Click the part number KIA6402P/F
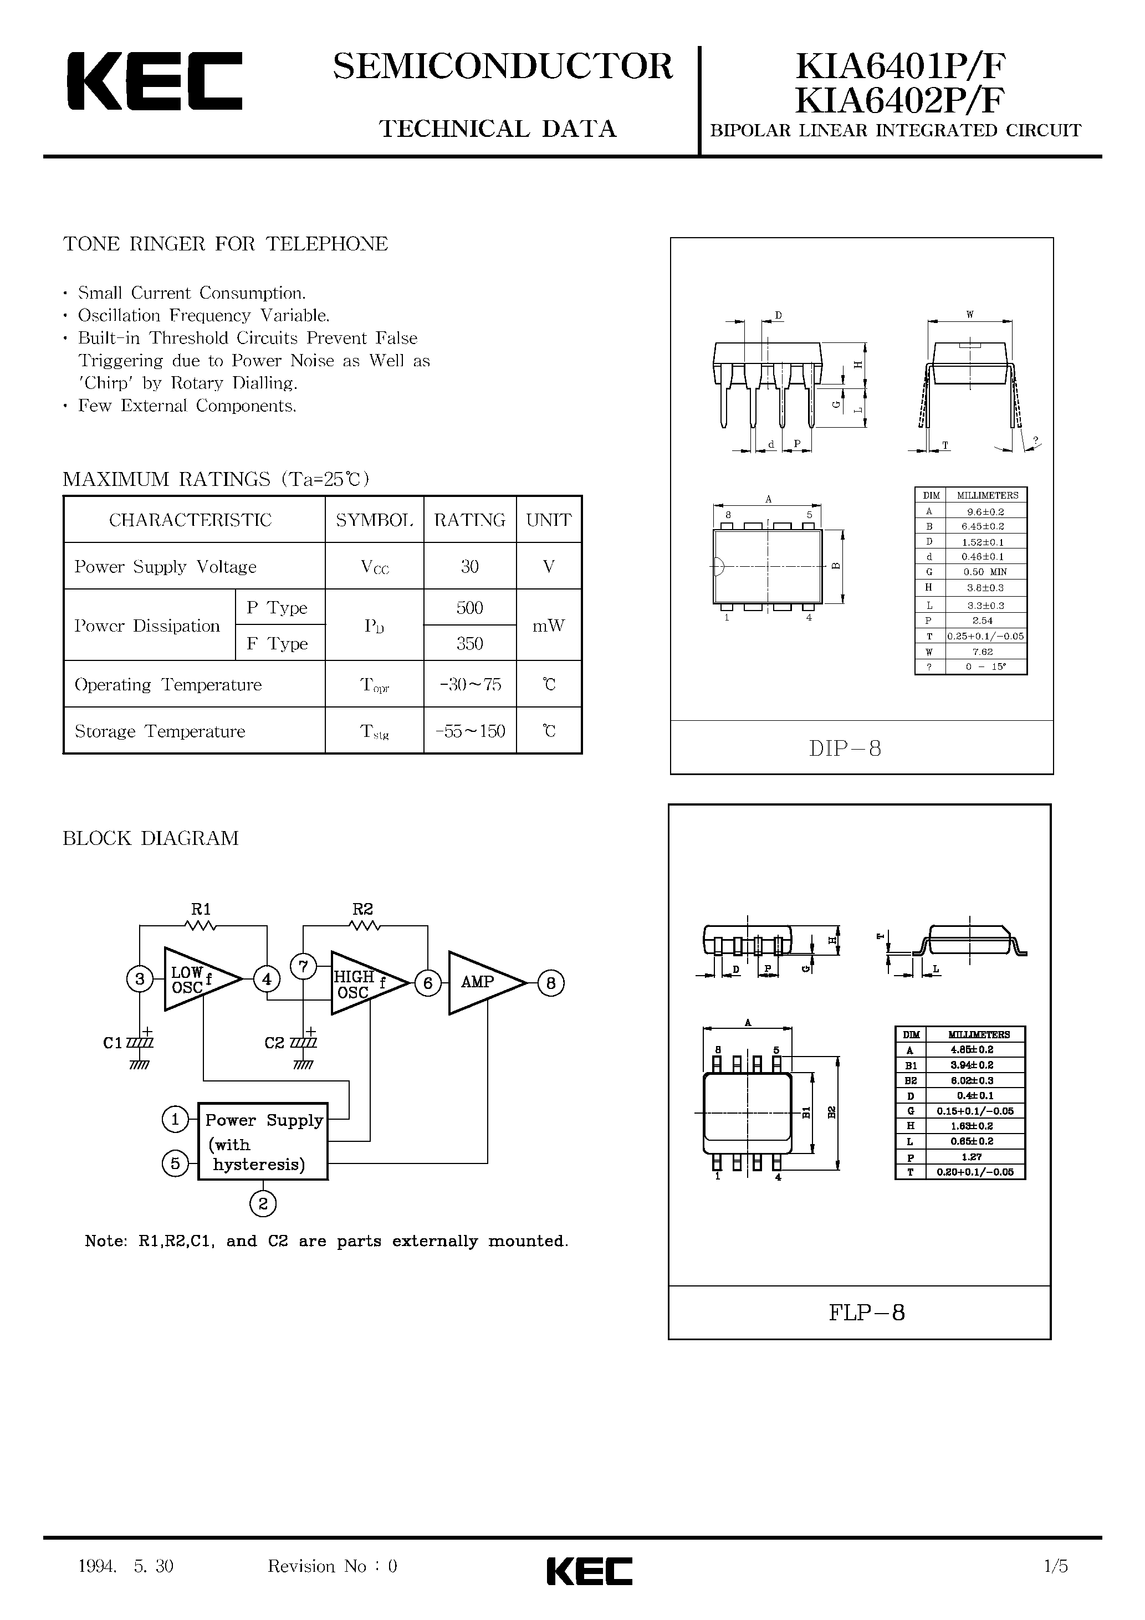pyautogui.click(x=899, y=100)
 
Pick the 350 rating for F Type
pyautogui.click(x=469, y=643)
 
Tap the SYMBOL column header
pyautogui.click(x=374, y=520)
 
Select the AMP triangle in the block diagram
pyautogui.click(x=480, y=982)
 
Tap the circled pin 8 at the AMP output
pyautogui.click(x=551, y=983)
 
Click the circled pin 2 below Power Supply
pyautogui.click(x=263, y=1204)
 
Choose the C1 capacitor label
pyautogui.click(x=113, y=1043)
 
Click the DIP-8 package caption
pyautogui.click(x=845, y=749)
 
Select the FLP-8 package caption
pyautogui.click(x=866, y=1313)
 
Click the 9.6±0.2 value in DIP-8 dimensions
pyautogui.click(x=985, y=511)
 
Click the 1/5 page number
pyautogui.click(x=1055, y=1567)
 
